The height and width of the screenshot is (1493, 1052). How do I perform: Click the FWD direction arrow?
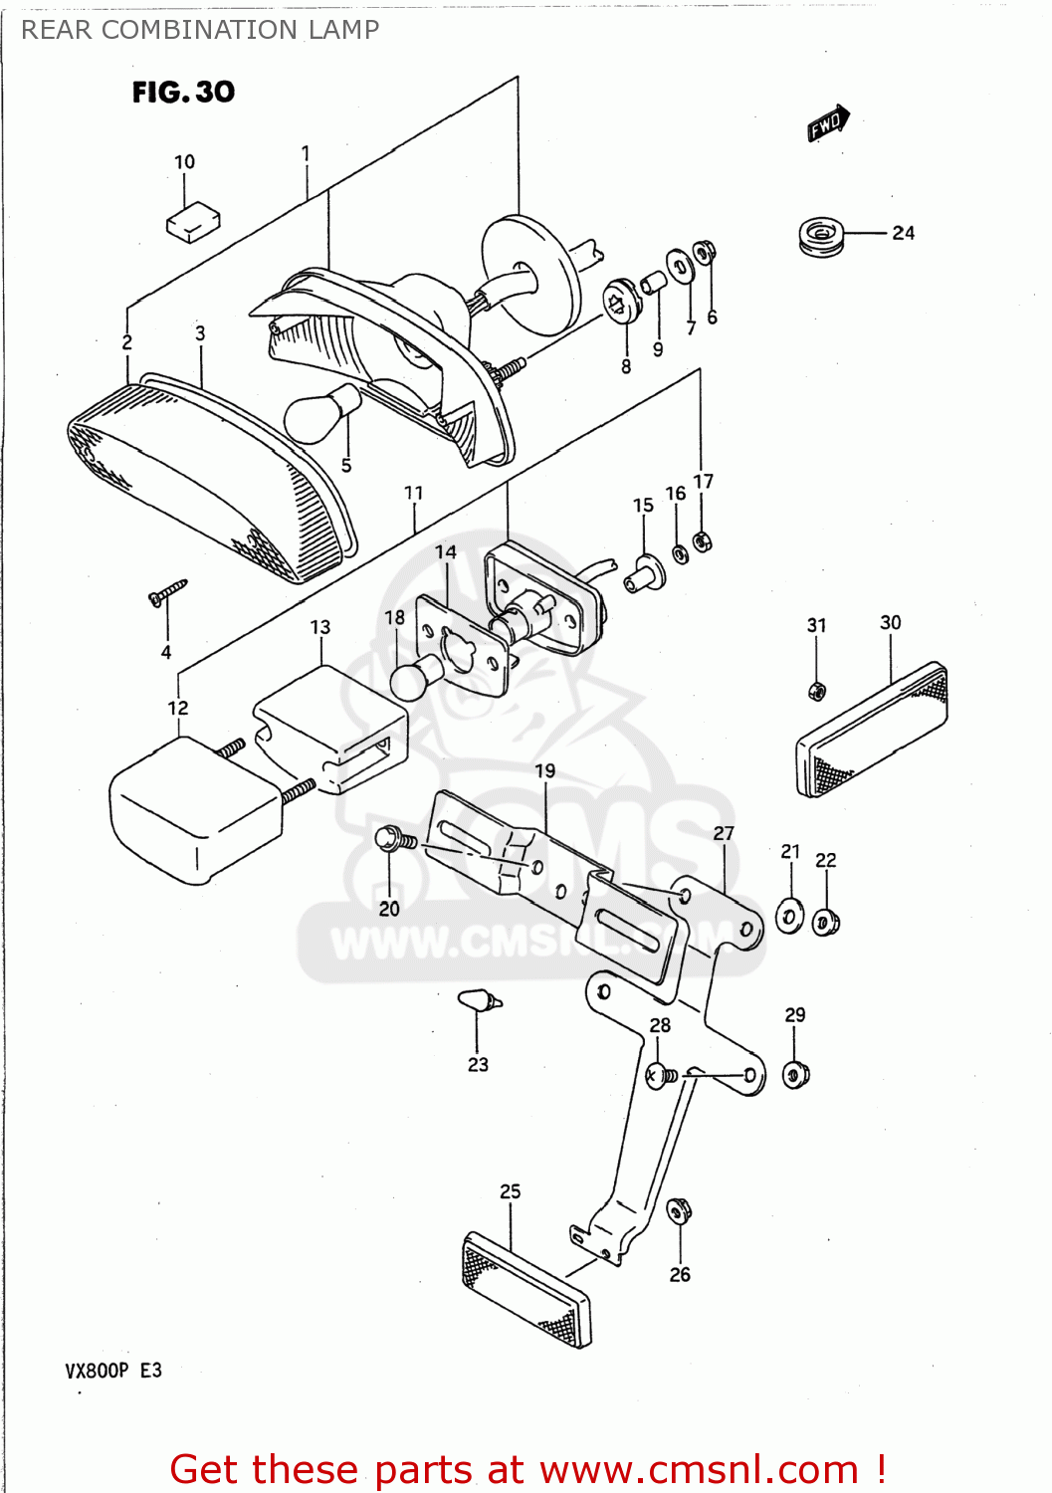click(828, 123)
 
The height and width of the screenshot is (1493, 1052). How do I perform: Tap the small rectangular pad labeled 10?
click(193, 222)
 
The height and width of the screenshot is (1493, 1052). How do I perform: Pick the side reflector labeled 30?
click(872, 729)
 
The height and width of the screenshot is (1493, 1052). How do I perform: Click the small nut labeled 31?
click(816, 690)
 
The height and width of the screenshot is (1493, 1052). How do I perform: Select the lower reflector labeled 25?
click(526, 1288)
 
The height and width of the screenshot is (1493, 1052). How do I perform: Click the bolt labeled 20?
click(395, 840)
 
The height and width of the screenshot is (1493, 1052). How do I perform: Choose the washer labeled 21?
click(789, 916)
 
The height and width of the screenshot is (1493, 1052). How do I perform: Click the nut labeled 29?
click(795, 1075)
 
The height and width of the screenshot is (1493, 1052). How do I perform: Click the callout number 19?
click(544, 770)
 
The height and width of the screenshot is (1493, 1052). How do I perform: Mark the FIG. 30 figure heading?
click(183, 92)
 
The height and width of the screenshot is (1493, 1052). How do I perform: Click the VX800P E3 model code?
click(113, 1371)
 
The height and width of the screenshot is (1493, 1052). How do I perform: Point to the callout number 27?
click(724, 833)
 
